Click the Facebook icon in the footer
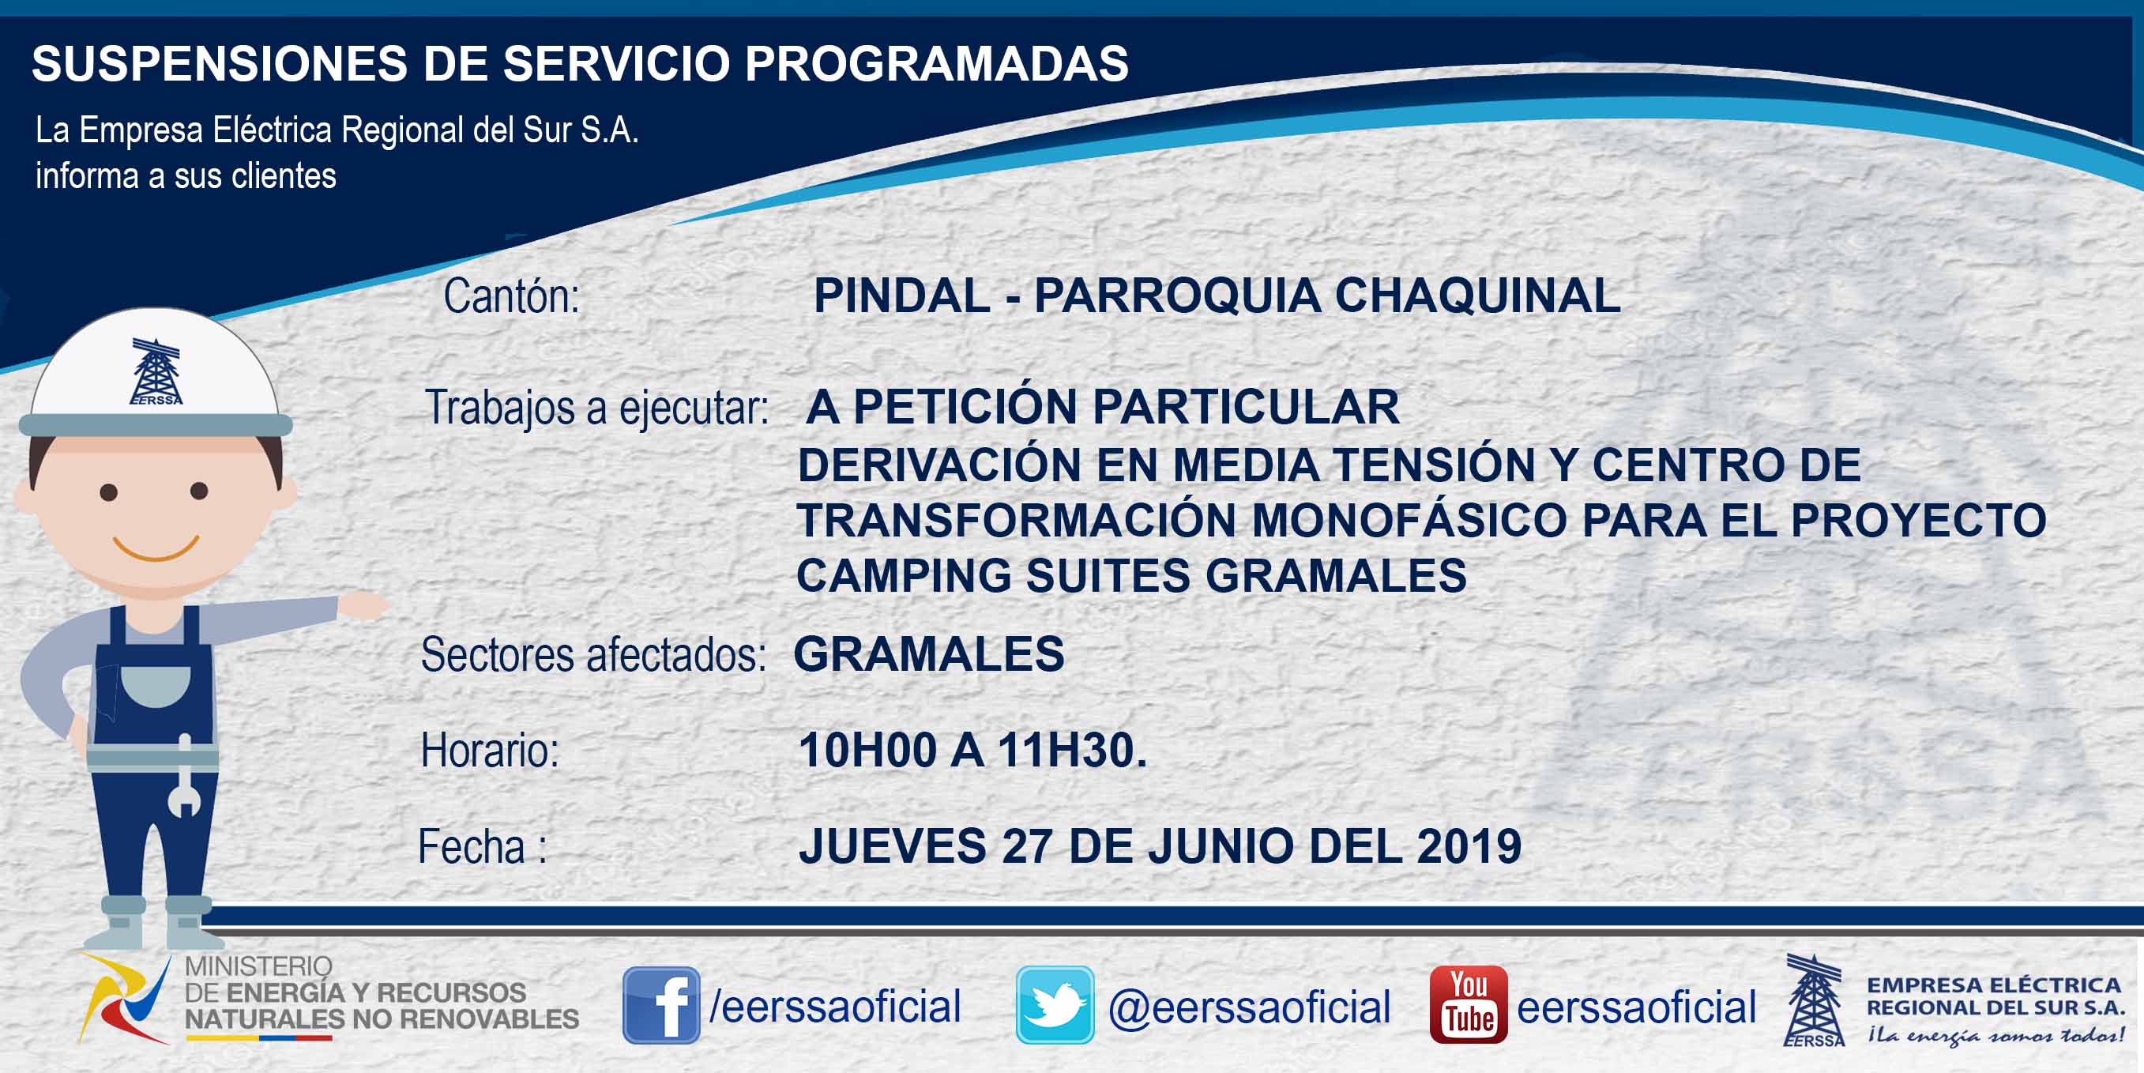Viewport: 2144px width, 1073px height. (x=661, y=1005)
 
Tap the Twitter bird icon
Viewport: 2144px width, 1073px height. (x=1055, y=1005)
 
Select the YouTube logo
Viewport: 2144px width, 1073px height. (x=1468, y=1005)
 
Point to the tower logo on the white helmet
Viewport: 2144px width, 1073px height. (x=156, y=371)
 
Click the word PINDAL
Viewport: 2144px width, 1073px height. (x=901, y=296)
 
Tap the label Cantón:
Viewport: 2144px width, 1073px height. (x=511, y=296)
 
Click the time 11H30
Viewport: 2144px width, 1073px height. (x=1072, y=750)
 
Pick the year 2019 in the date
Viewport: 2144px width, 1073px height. (x=1469, y=845)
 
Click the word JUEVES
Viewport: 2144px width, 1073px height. (x=892, y=845)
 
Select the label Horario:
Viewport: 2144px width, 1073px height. (x=491, y=751)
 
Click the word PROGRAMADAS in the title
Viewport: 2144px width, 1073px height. (x=936, y=63)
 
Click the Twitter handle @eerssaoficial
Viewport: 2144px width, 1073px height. (x=1249, y=1007)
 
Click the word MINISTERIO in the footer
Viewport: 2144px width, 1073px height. (x=258, y=966)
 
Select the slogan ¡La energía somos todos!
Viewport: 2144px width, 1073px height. (x=1995, y=1035)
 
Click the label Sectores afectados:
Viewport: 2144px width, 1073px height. (x=593, y=655)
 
